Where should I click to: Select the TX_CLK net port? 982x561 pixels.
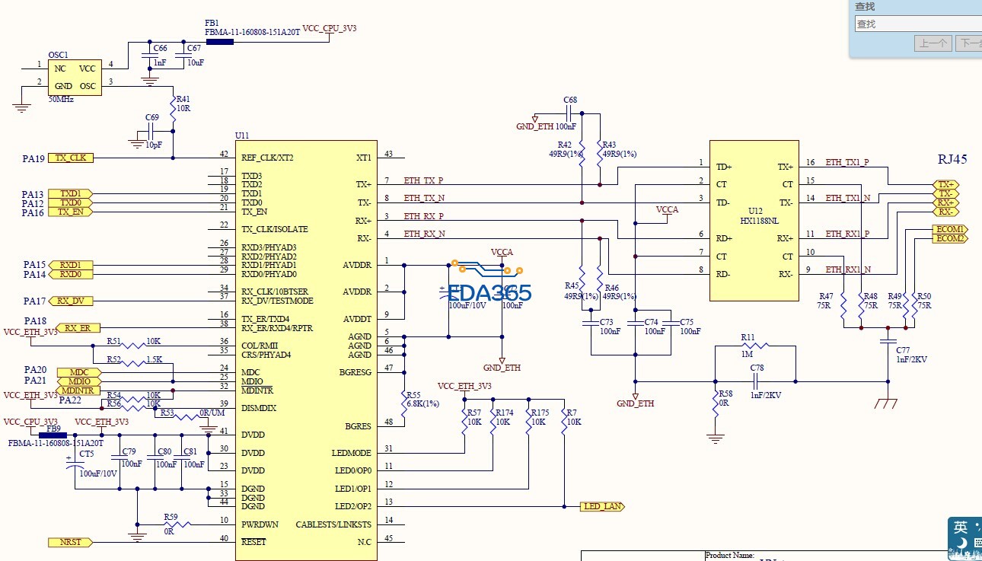[x=71, y=158]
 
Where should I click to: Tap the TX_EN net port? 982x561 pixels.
[x=70, y=212]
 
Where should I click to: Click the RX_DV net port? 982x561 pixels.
[x=70, y=301]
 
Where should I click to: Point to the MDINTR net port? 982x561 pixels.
[x=78, y=390]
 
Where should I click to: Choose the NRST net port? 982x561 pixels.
[x=70, y=542]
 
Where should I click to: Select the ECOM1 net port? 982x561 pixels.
[x=950, y=229]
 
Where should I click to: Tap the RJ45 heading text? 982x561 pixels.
[x=952, y=159]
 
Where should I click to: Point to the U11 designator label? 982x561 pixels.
[x=242, y=135]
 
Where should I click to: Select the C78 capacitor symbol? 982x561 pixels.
[x=757, y=381]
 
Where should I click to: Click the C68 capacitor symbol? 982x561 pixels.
[x=570, y=113]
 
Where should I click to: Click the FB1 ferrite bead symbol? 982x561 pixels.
[x=219, y=41]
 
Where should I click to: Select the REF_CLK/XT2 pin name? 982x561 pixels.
[x=267, y=158]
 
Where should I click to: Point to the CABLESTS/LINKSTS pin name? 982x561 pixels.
[x=333, y=524]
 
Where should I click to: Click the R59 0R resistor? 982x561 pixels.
[x=177, y=524]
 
